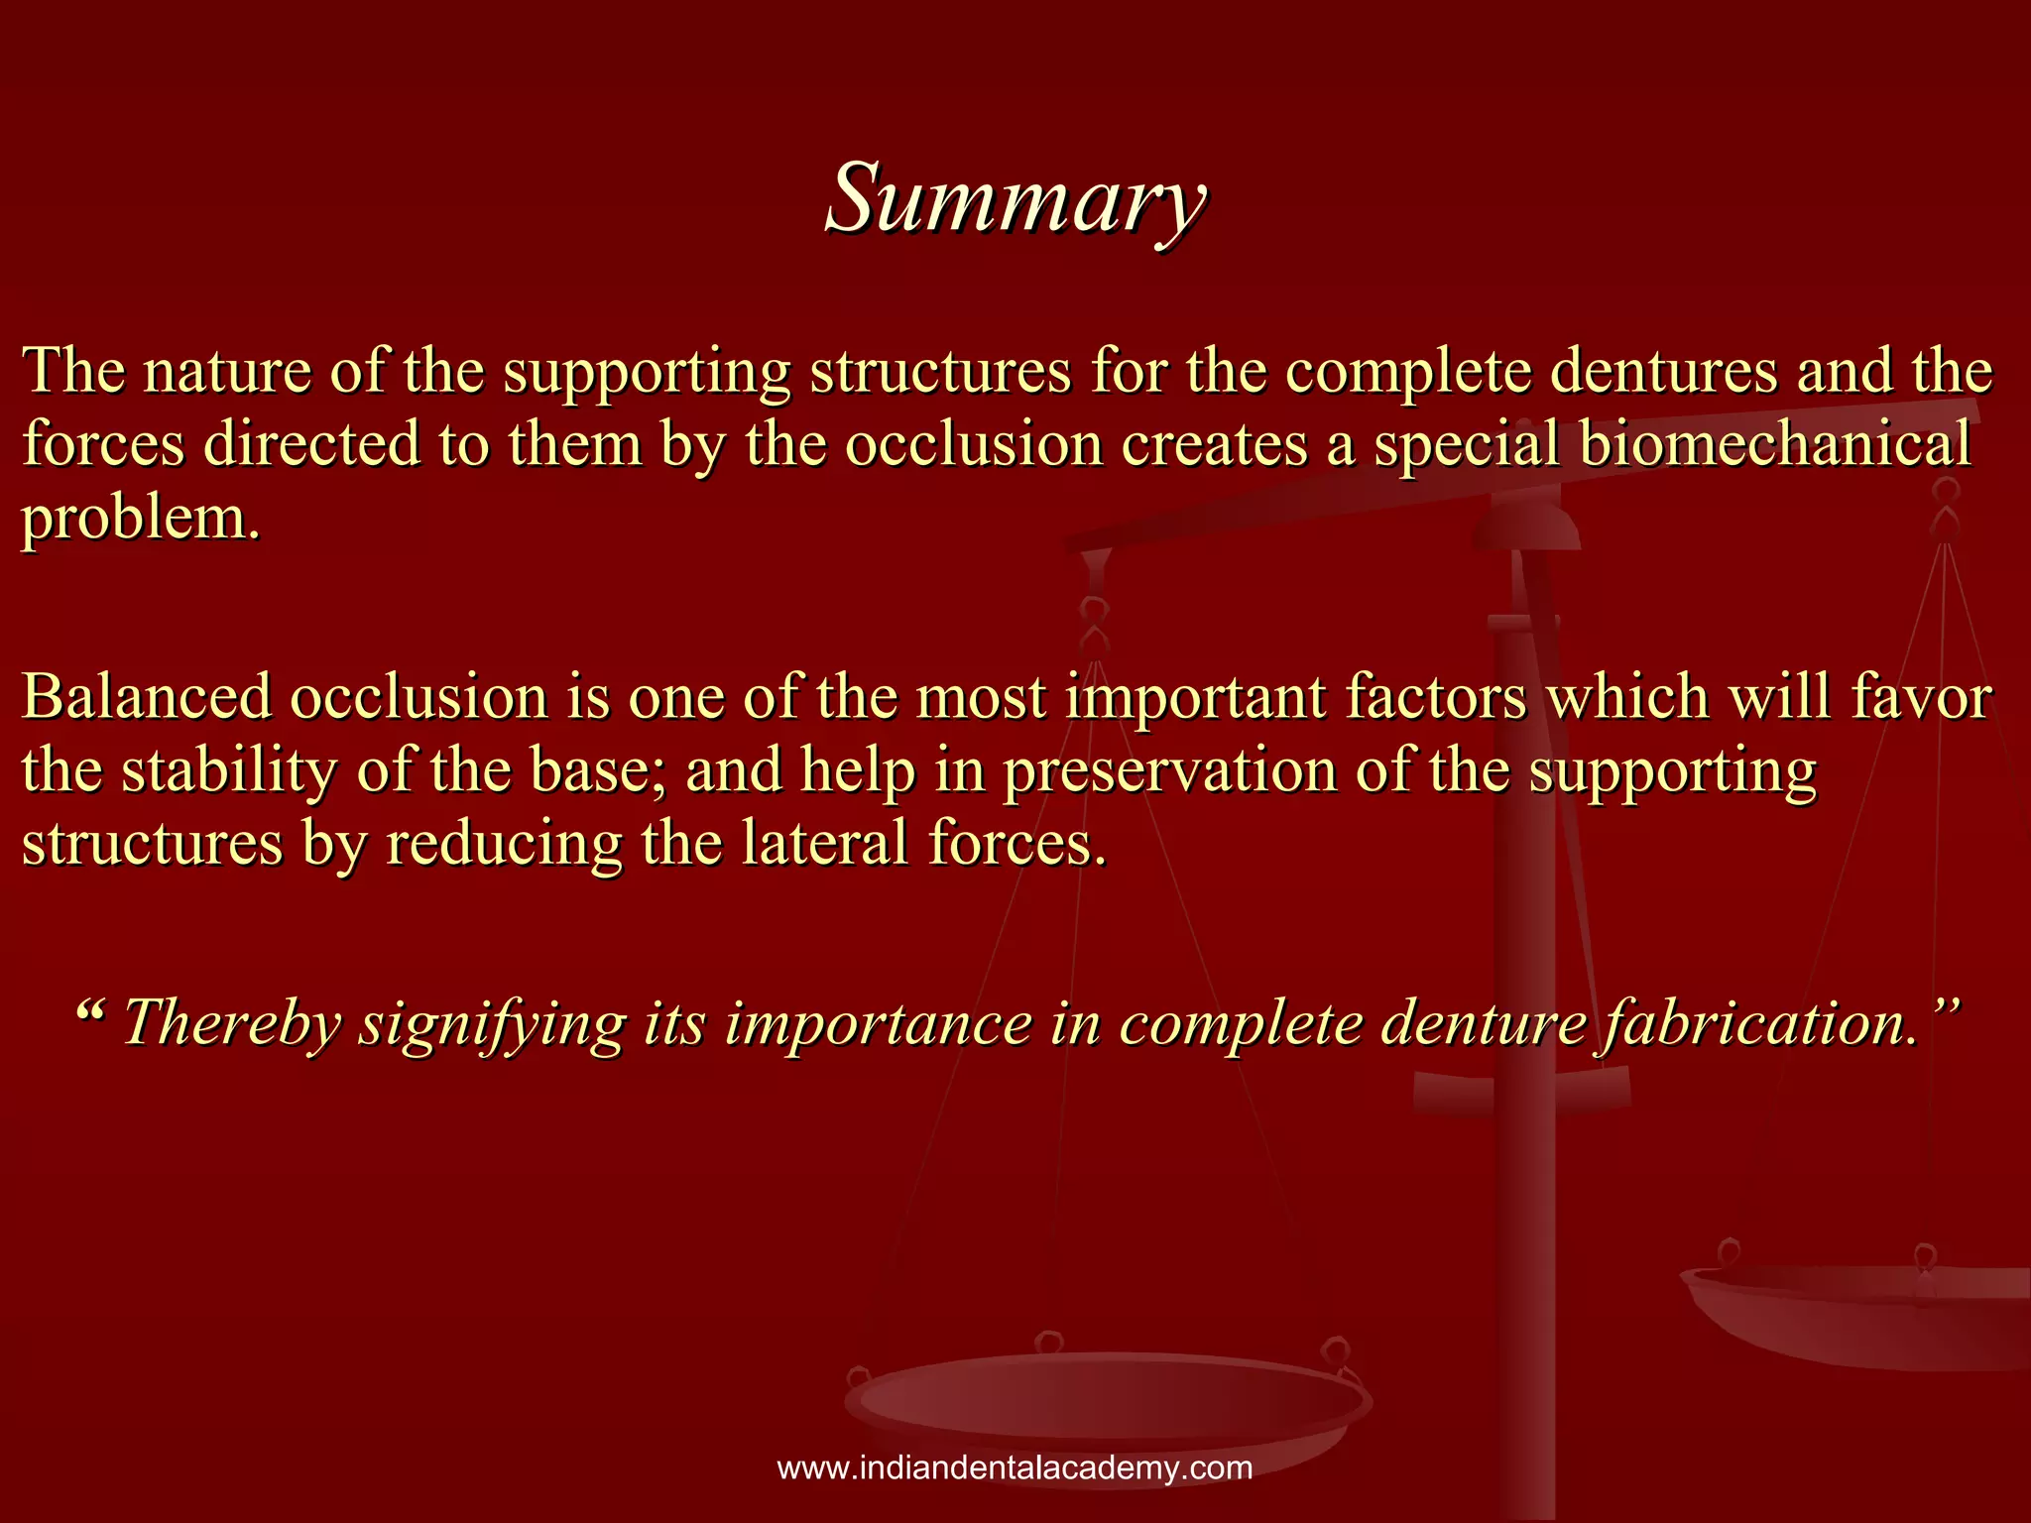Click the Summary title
tap(1015, 198)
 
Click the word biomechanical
tap(1773, 443)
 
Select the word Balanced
tap(147, 696)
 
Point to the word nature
tap(227, 371)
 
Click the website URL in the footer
tap(1015, 1467)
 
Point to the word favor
tap(1922, 696)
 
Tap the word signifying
tap(492, 1023)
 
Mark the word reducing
tap(504, 843)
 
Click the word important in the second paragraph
tap(1196, 696)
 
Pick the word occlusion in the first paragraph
tap(974, 443)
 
